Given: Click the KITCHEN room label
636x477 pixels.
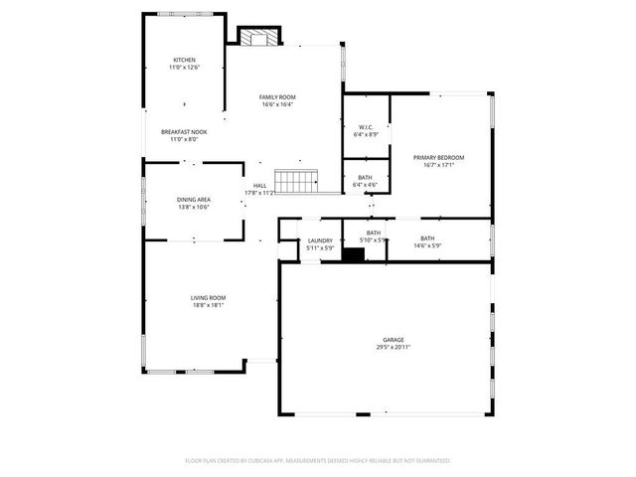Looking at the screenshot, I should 185,60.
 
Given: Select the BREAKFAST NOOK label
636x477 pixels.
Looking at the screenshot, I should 184,132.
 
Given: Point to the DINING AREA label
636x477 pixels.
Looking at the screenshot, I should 193,200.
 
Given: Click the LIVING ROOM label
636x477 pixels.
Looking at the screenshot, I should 209,298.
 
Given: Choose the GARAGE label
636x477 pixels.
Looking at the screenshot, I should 394,339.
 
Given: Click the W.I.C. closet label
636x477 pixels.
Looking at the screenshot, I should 366,127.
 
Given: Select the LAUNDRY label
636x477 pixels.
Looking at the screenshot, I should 319,240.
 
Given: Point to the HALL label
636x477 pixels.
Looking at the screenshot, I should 259,186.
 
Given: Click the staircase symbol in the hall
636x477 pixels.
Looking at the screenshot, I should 295,182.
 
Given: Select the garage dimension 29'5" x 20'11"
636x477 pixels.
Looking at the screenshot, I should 394,347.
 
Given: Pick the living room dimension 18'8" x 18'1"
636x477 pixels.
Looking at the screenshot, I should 209,306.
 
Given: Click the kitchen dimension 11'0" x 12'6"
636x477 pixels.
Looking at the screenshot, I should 185,68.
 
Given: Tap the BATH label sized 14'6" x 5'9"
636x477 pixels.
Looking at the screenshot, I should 427,238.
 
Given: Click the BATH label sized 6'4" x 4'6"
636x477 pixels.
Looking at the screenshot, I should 365,178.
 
